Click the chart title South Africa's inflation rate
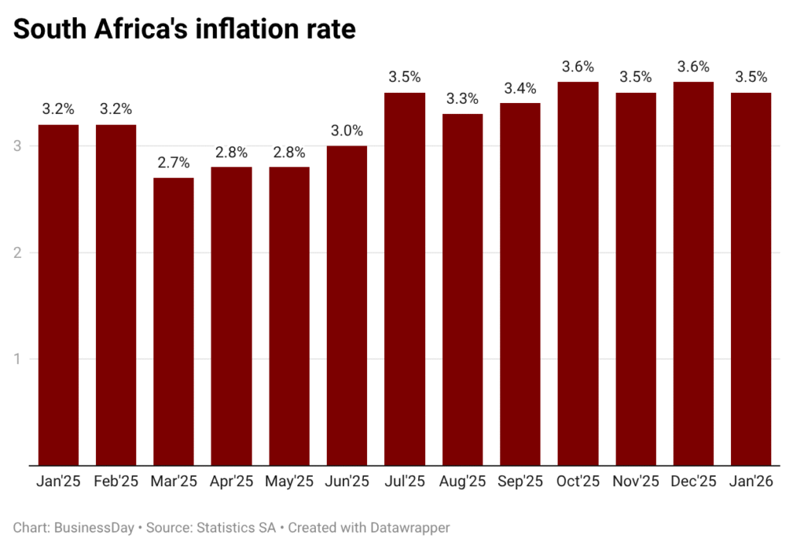pos(184,29)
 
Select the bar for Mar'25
pos(173,321)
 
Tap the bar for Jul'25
pos(405,279)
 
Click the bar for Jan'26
pos(751,279)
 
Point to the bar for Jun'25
pos(347,305)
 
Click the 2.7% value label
pos(173,163)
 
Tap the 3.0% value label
pos(347,131)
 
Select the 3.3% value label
pos(462,98)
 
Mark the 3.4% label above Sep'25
pos(520,87)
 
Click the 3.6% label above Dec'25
pos(693,67)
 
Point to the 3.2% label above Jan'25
pos(58,109)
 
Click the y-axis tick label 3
pos(17,146)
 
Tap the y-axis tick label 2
pos(17,252)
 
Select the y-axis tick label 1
pos(17,359)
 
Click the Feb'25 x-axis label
pos(116,482)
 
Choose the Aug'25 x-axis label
pos(462,482)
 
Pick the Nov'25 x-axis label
pos(636,482)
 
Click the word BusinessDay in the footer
pos(93,527)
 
